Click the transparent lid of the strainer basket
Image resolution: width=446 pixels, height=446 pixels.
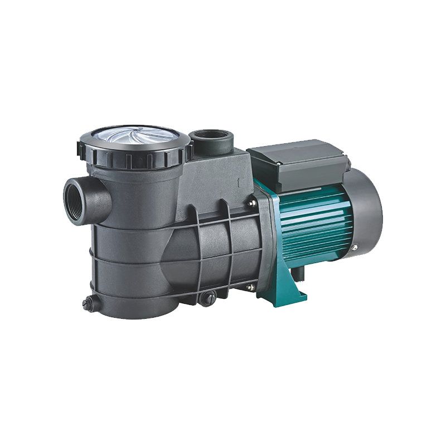point(134,135)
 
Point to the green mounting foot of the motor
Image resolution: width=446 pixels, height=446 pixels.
point(290,284)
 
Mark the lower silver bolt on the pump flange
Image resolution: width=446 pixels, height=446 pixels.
point(250,287)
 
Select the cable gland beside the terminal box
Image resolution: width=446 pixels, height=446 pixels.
point(348,163)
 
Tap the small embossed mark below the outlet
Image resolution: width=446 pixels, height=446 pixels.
point(238,182)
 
